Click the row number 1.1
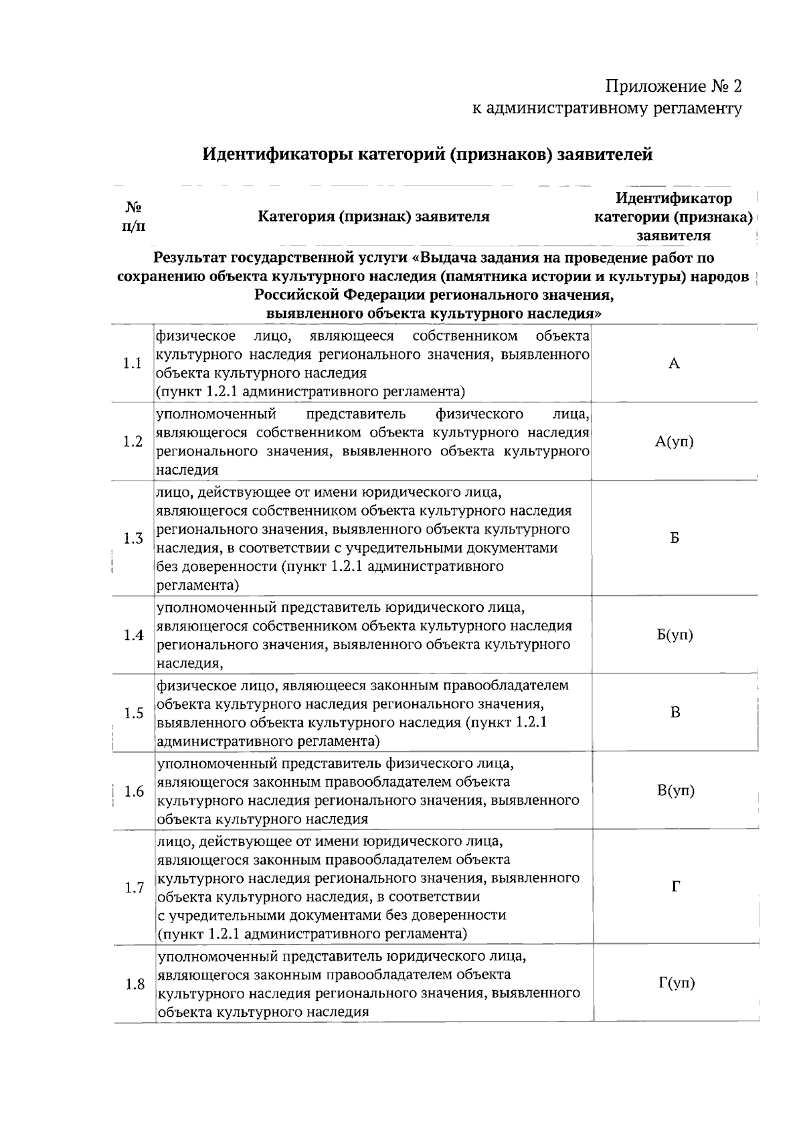click(x=132, y=363)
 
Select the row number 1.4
click(x=134, y=635)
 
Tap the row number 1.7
click(x=135, y=888)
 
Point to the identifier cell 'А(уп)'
click(x=675, y=442)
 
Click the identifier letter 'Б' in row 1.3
click(x=675, y=539)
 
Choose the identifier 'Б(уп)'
click(x=675, y=635)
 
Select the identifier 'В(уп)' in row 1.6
click(x=676, y=791)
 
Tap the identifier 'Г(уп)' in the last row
click(x=677, y=983)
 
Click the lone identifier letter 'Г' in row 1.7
click(x=676, y=888)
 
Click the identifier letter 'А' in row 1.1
click(x=675, y=363)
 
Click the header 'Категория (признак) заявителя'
click(x=373, y=217)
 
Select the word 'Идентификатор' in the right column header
click(x=673, y=199)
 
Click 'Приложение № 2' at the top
click(x=673, y=87)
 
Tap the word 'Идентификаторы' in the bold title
click(x=276, y=155)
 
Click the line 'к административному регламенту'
click(x=607, y=108)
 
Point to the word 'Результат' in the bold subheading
click(x=190, y=258)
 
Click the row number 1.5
click(x=134, y=713)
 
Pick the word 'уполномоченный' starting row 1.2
click(x=216, y=414)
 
